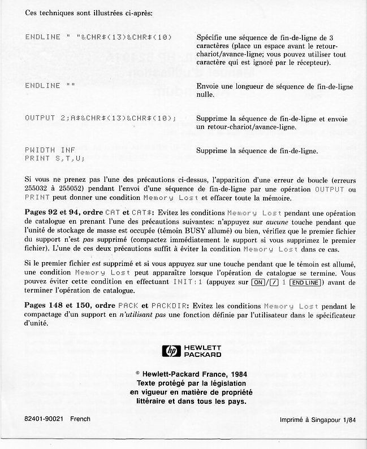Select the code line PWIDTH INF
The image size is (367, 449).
coord(51,151)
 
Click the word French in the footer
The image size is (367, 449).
coord(80,419)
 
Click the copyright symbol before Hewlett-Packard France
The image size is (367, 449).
coord(139,373)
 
